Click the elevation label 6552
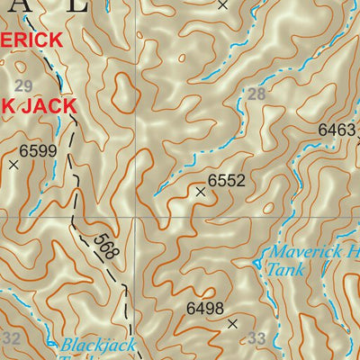point(226,181)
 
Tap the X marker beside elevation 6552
point(200,191)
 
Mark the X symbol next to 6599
point(13,165)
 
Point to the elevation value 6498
point(204,309)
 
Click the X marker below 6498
point(232,323)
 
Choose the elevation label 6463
point(337,130)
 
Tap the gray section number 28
point(257,94)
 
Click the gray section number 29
point(24,85)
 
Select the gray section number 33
point(257,338)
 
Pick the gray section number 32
point(12,338)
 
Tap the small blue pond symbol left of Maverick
point(261,262)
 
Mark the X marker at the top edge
point(223,4)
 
